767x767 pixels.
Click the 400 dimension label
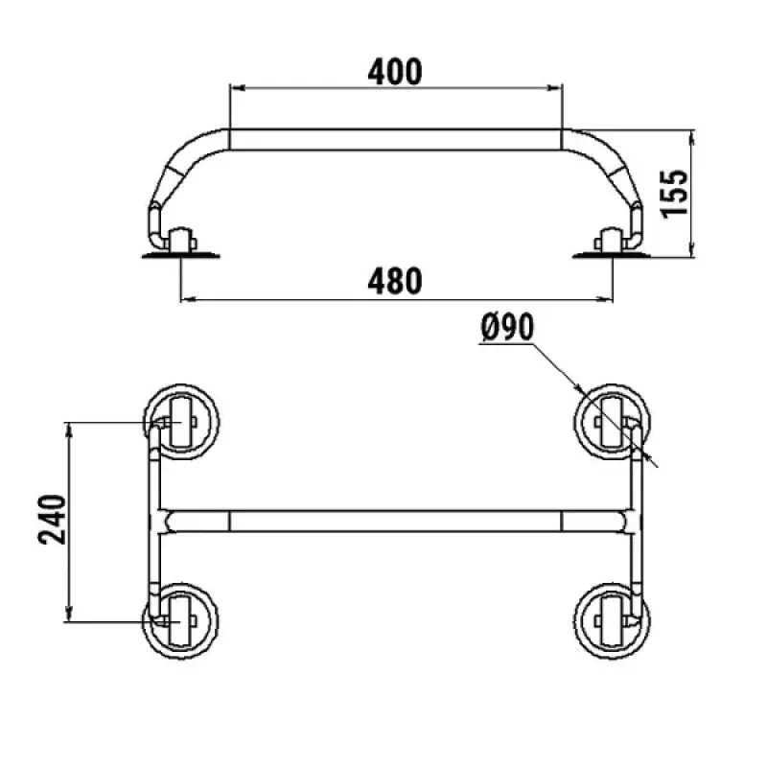click(x=395, y=71)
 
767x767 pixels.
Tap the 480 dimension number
click(x=395, y=281)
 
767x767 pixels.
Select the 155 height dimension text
click(x=674, y=194)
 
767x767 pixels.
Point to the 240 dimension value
click(x=52, y=520)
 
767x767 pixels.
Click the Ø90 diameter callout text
click(x=507, y=327)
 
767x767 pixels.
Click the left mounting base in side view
click(x=180, y=255)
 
